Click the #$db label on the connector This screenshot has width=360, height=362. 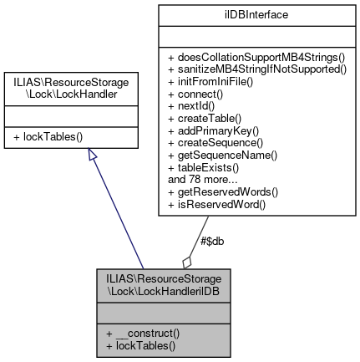(212, 241)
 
